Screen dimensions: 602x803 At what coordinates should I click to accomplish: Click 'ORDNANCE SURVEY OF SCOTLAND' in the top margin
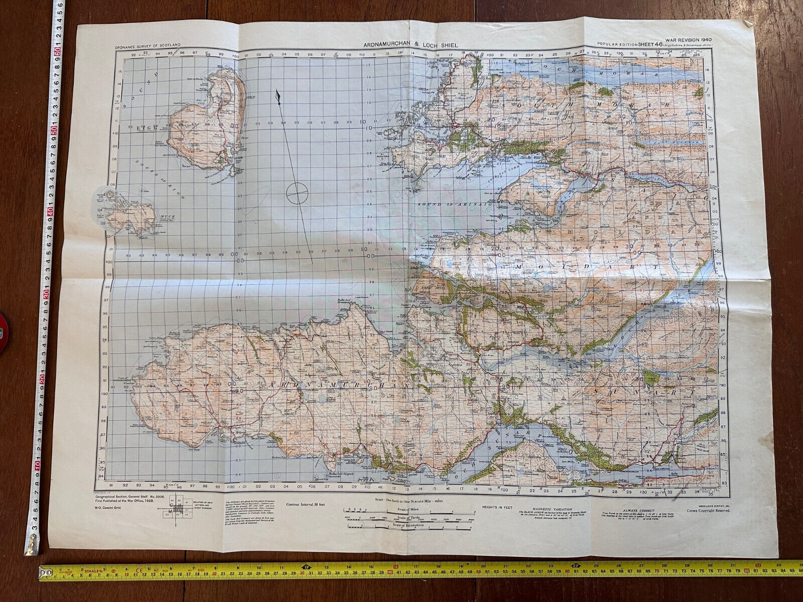[147, 46]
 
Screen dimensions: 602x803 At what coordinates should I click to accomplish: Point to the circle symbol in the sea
[297, 192]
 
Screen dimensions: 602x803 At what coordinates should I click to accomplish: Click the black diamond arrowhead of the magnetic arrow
[278, 97]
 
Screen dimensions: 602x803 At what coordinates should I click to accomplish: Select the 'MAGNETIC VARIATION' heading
[545, 508]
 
